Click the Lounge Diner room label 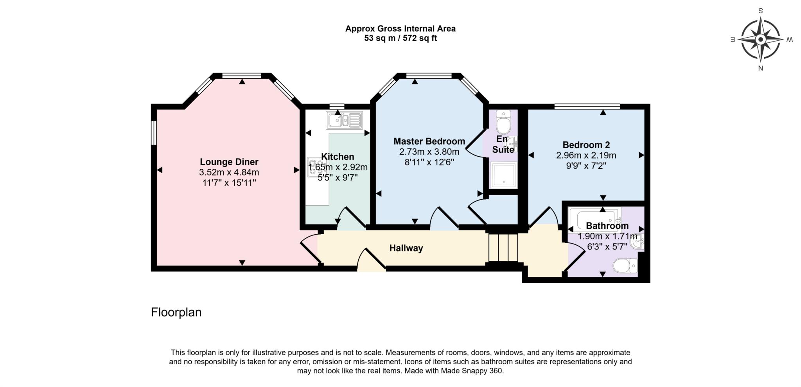pos(229,162)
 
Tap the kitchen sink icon pos(344,120)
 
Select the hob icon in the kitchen pos(314,167)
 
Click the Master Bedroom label pos(429,141)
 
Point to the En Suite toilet pos(503,122)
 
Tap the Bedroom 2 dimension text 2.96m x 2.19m pos(586,156)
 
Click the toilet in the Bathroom pos(625,266)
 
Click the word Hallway pos(406,248)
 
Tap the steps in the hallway pos(503,248)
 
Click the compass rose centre pos(760,40)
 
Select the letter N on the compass pos(760,68)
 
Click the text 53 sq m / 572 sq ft pos(400,38)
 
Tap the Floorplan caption pos(176,312)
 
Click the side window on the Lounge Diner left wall pos(154,132)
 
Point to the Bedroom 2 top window pos(587,106)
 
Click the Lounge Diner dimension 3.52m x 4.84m pos(229,172)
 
